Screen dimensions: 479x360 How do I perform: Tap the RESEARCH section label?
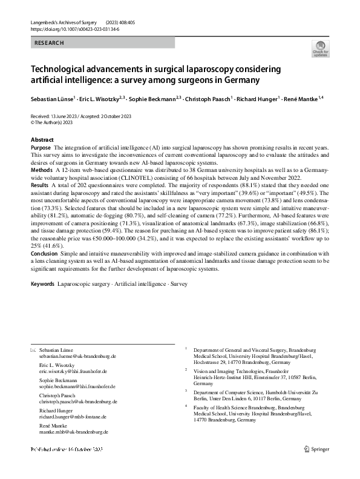49,43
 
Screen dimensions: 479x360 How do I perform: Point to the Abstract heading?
42,140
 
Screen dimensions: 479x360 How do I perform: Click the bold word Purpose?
41,148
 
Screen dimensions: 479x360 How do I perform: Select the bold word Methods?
42,171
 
